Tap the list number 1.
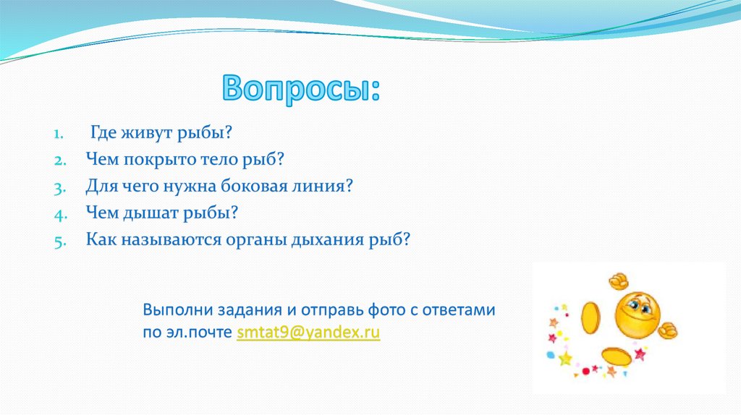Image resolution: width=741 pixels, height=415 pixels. point(58,134)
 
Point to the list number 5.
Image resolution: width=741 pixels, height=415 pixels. point(59,241)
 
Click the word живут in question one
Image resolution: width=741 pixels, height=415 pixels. point(146,132)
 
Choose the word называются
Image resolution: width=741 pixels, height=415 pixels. point(171,240)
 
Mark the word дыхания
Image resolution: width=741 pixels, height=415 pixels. point(327,240)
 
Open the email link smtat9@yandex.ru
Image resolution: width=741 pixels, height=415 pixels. point(308,332)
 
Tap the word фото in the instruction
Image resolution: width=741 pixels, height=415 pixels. point(386,310)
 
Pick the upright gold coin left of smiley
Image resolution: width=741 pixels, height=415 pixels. point(590,317)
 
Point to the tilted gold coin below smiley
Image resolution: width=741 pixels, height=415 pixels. point(617,356)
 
